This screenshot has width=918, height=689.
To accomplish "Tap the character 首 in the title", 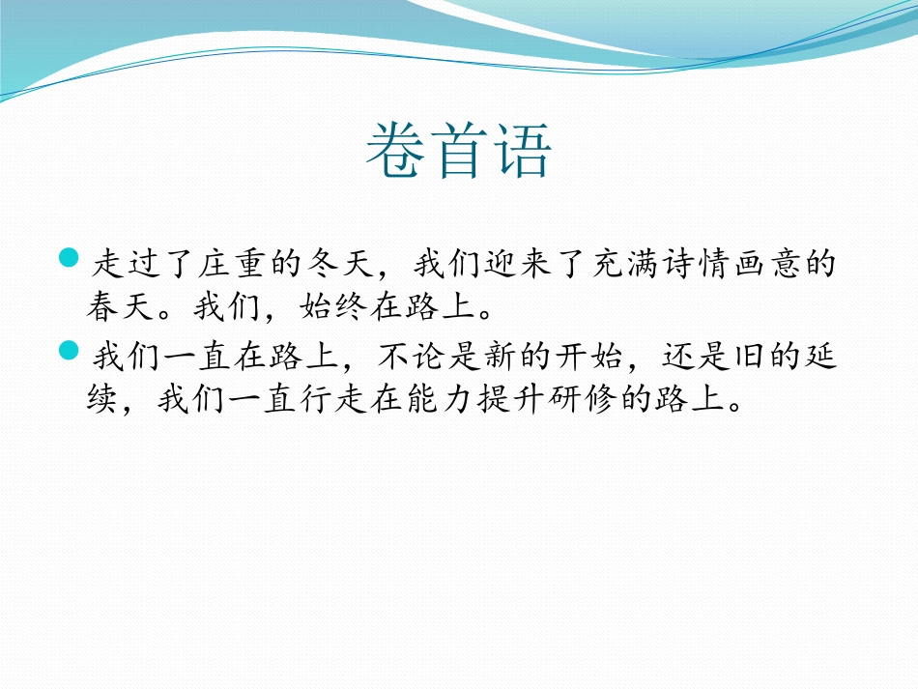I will point(459,152).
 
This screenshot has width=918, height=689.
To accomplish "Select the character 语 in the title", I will point(521,152).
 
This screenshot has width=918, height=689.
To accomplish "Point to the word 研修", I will point(571,402).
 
